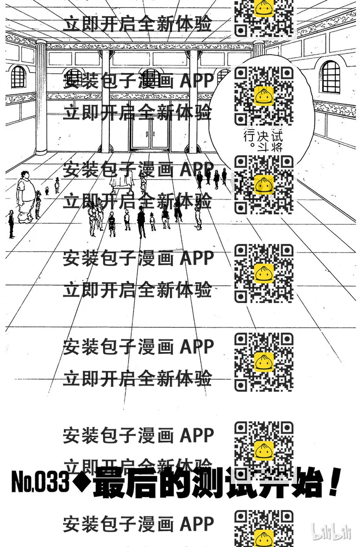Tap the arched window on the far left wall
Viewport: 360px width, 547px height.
(18, 77)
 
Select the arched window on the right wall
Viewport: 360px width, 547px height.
(331, 77)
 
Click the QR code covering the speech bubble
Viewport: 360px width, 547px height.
(264, 95)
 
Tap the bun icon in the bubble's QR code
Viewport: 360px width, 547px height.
(264, 95)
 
